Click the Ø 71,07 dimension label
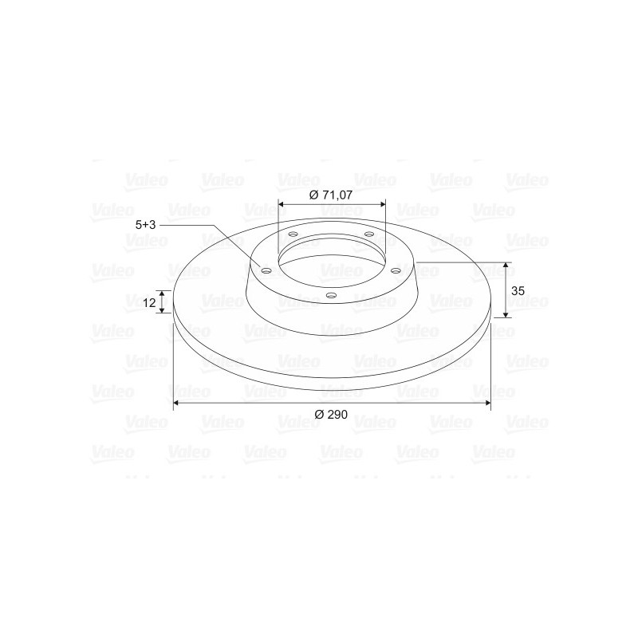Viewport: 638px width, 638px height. (330, 195)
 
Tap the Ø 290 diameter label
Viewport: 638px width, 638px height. (331, 415)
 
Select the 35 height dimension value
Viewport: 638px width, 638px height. (518, 291)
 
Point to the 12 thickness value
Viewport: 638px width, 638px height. (149, 303)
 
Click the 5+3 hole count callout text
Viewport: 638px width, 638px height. (146, 225)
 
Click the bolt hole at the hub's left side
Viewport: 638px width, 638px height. (266, 271)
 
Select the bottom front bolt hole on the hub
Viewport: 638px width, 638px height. (332, 295)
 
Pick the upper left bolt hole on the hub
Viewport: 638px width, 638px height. (293, 234)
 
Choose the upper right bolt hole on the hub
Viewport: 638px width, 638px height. (369, 234)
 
